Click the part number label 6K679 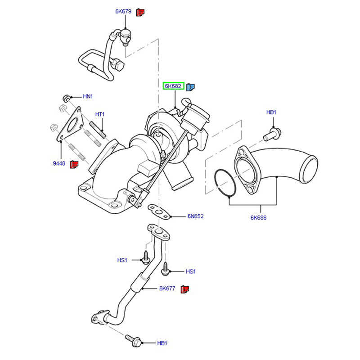tap(122, 12)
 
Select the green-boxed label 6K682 tap(173, 86)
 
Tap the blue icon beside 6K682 tap(190, 86)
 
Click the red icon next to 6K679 tap(140, 12)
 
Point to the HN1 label tap(88, 96)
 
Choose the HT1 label tap(100, 114)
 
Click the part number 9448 tap(59, 164)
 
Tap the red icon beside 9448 tap(75, 164)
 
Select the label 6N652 tap(196, 216)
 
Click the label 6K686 tap(259, 218)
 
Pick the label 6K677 tap(166, 288)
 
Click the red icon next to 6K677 tap(184, 288)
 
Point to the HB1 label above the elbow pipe tap(271, 112)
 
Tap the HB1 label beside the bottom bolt tap(162, 343)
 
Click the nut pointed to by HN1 tap(66, 97)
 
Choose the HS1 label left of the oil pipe tap(122, 260)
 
